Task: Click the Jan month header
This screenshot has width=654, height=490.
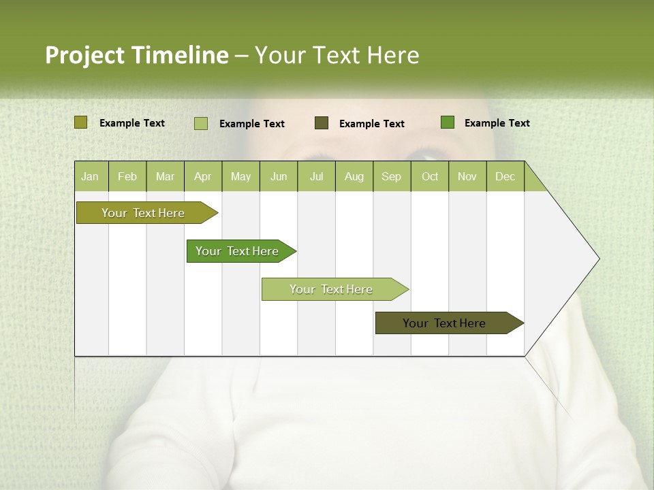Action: pyautogui.click(x=90, y=177)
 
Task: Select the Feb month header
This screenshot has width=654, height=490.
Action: pyautogui.click(x=127, y=177)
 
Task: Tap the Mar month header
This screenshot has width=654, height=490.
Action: pyautogui.click(x=165, y=177)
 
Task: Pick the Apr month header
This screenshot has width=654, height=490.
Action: pyautogui.click(x=202, y=177)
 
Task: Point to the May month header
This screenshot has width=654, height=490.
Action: pyautogui.click(x=240, y=177)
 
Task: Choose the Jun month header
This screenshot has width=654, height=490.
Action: pyautogui.click(x=279, y=177)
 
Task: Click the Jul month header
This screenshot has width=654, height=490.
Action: pyautogui.click(x=316, y=177)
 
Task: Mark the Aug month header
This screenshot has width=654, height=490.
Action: pyautogui.click(x=354, y=177)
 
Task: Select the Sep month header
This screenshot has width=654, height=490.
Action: pyautogui.click(x=392, y=177)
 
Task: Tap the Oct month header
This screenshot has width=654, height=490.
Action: pyautogui.click(x=430, y=177)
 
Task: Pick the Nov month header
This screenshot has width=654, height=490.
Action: pyautogui.click(x=467, y=177)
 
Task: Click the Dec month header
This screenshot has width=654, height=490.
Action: pyautogui.click(x=505, y=177)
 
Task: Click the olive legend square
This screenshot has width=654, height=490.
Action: pyautogui.click(x=81, y=122)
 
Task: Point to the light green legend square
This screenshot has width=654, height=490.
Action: pyautogui.click(x=201, y=123)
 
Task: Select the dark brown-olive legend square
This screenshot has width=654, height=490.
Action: pyautogui.click(x=322, y=123)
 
